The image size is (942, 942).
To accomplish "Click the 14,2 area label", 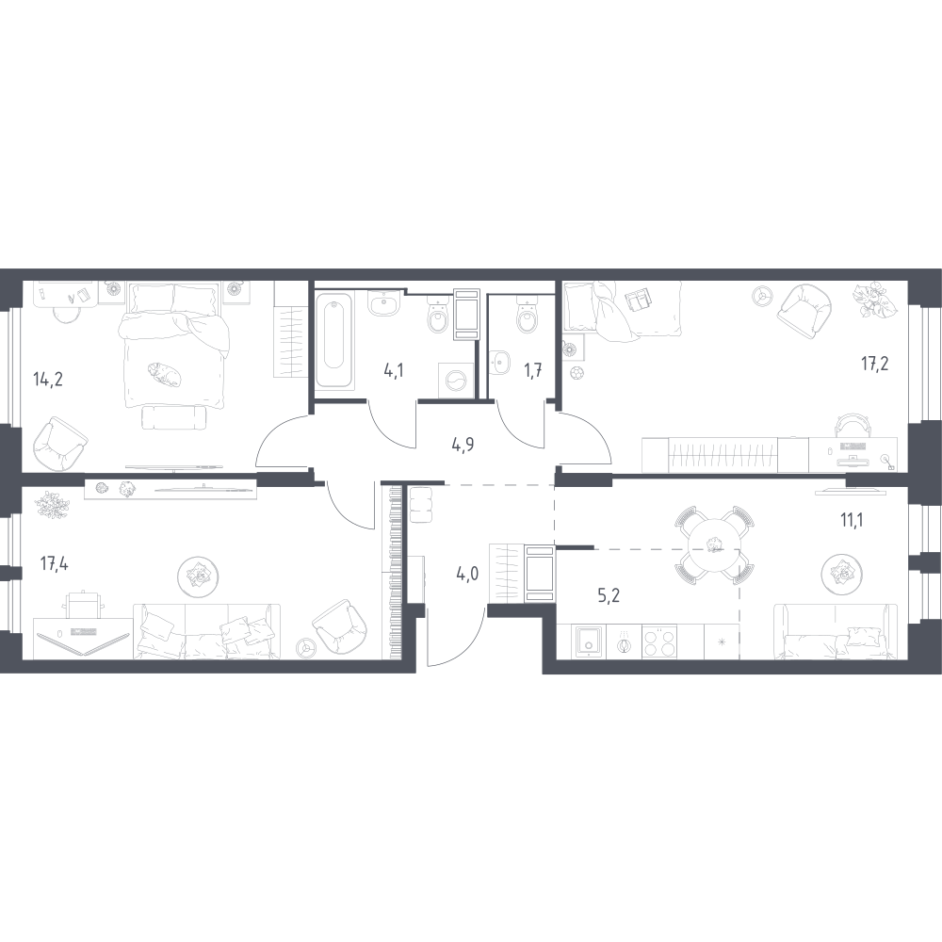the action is (x=48, y=380).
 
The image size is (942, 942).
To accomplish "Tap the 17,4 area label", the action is (x=54, y=563).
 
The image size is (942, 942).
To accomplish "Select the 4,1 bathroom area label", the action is (x=394, y=370).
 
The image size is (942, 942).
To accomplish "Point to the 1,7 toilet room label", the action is (x=533, y=370).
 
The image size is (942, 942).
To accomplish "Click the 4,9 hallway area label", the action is (x=463, y=446).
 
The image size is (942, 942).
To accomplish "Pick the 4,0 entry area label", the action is (x=467, y=575).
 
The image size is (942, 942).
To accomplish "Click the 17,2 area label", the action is (x=875, y=363).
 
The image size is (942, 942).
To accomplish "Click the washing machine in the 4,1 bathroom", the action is (x=456, y=380).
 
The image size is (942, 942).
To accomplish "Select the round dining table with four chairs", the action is (x=714, y=545).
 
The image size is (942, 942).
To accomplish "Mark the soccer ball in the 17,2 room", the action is (x=577, y=372).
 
